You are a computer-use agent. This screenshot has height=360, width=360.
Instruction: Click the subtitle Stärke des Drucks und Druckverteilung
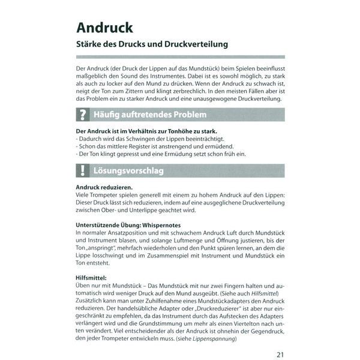[x=152, y=45]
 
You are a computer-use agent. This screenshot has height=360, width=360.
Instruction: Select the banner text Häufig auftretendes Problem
[x=150, y=114]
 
